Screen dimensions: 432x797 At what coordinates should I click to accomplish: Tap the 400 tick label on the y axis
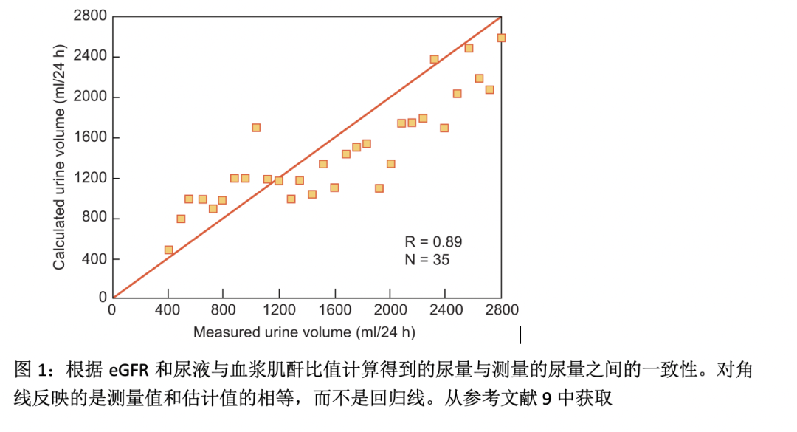pyautogui.click(x=94, y=259)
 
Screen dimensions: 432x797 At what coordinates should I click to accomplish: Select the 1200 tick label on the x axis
pyautogui.click(x=279, y=309)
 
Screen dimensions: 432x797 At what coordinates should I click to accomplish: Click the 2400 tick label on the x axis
pyautogui.click(x=445, y=309)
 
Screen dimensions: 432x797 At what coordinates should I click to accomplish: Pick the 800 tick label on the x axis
pyautogui.click(x=224, y=309)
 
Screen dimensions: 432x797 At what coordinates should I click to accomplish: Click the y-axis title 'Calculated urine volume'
pyautogui.click(x=59, y=157)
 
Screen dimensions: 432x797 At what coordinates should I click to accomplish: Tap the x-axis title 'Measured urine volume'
pyautogui.click(x=304, y=332)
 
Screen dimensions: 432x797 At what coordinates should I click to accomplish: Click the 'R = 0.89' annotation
pyautogui.click(x=434, y=241)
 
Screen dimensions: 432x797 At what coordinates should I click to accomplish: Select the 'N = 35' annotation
pyautogui.click(x=427, y=259)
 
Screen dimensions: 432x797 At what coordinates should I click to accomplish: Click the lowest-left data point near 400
pyautogui.click(x=168, y=250)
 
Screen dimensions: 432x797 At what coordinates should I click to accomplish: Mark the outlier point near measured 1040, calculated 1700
pyautogui.click(x=256, y=128)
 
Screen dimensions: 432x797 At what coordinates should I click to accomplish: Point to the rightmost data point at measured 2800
pyautogui.click(x=501, y=38)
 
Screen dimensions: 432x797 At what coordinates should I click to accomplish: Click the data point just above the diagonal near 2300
pyautogui.click(x=434, y=59)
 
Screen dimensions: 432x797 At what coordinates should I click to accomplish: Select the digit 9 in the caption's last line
pyautogui.click(x=546, y=399)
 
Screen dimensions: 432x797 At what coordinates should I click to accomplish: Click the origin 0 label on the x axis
pyautogui.click(x=112, y=309)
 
